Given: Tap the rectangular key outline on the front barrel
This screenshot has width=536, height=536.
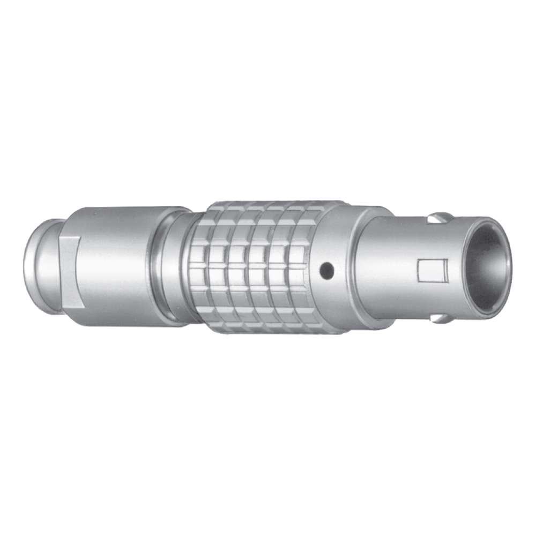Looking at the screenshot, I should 432,270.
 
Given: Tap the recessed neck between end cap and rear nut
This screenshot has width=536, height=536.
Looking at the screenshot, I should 58,268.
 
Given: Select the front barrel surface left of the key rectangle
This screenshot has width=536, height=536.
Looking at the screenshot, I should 391,268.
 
